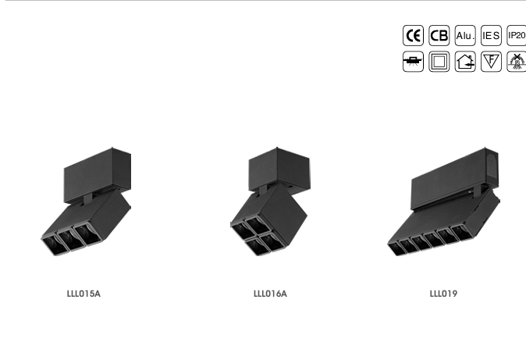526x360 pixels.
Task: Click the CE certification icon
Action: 413,35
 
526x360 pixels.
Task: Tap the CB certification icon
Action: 439,35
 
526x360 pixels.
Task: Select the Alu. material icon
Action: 465,35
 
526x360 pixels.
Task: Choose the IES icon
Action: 491,35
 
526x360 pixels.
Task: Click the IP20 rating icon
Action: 517,35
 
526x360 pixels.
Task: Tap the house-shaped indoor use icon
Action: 465,62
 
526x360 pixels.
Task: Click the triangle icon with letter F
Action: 491,62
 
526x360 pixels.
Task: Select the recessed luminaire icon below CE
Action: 413,62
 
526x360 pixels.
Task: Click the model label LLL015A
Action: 84,294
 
